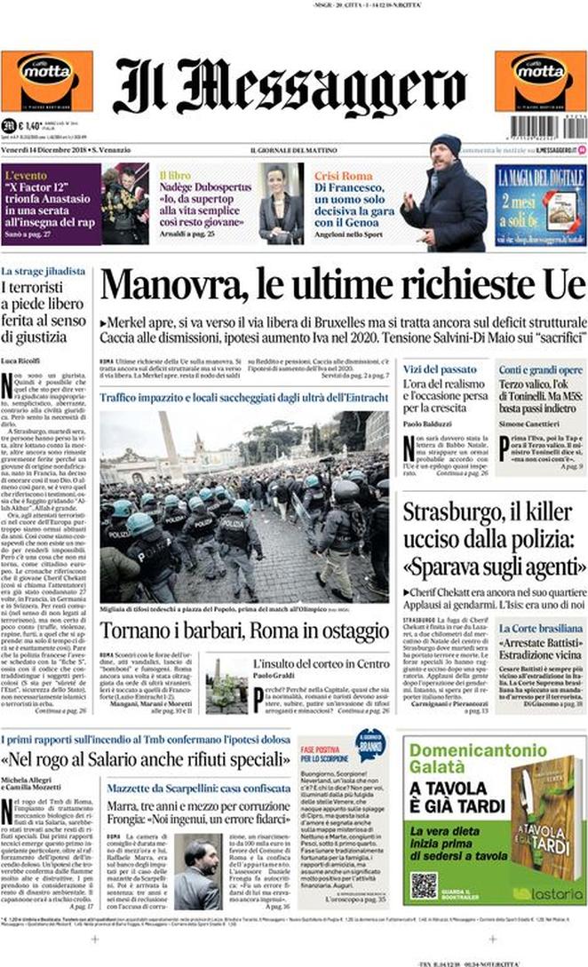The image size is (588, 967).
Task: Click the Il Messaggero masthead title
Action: tap(290, 86)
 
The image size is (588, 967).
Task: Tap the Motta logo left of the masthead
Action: tap(46, 82)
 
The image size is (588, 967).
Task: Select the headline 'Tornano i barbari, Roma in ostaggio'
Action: tap(243, 631)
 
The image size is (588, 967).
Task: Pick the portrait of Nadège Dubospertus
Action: tap(281, 204)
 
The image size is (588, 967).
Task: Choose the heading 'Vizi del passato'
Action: tap(440, 368)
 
